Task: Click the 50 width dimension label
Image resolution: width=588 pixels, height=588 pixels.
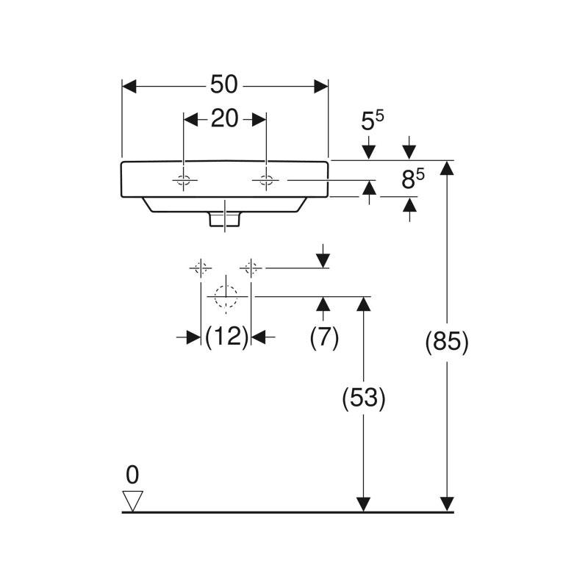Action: pos(224,85)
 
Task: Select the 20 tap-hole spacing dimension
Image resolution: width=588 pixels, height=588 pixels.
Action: pos(224,118)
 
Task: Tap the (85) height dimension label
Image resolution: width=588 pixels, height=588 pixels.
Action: pos(447,343)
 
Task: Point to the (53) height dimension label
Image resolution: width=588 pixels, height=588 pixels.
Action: pos(364,398)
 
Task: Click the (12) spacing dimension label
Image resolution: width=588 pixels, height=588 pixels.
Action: pos(226,337)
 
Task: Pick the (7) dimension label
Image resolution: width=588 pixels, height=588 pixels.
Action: pos(324,337)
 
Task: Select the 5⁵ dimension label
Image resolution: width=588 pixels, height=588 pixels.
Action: pos(373,121)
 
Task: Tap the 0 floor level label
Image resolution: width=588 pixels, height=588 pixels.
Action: pos(132,475)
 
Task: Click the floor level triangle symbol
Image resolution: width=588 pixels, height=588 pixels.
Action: pos(132,501)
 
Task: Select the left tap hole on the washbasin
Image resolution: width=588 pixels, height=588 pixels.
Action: pos(184,180)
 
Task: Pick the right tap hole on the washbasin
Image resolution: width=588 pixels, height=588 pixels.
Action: pos(265,180)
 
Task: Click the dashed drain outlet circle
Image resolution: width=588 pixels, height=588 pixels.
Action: pos(225,296)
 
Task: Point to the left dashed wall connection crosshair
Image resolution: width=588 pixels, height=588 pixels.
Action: pos(200,268)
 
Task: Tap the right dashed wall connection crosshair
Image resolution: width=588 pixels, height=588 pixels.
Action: pos(251,268)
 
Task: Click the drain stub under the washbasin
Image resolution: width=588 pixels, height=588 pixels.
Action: pos(225,218)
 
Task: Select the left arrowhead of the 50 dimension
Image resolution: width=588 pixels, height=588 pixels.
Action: pos(129,86)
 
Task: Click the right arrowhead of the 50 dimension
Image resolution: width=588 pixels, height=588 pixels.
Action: pos(320,86)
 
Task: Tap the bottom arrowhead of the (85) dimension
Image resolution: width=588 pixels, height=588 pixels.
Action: pos(446,503)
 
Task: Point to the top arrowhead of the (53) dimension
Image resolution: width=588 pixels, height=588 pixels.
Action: pos(362,304)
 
